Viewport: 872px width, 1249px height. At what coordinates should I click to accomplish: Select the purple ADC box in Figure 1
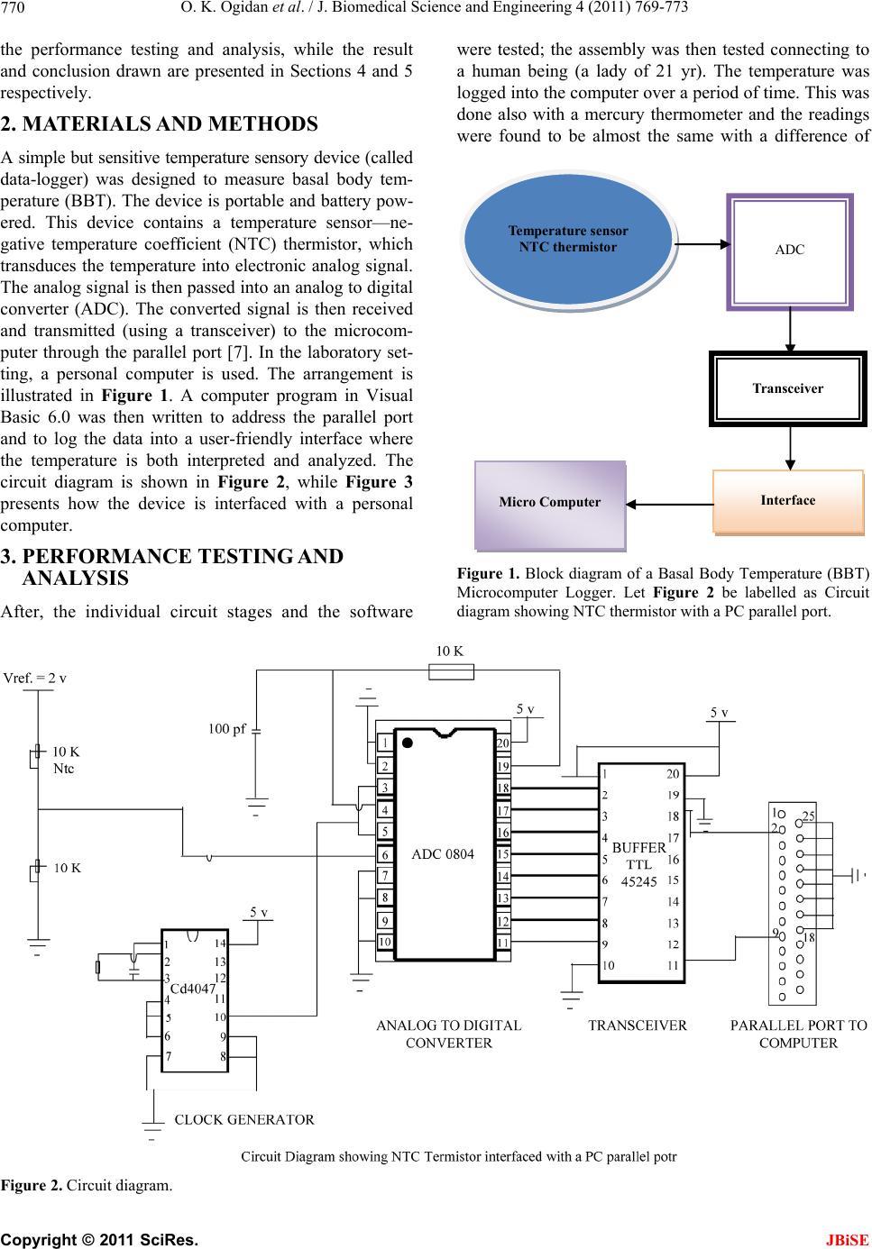coord(789,251)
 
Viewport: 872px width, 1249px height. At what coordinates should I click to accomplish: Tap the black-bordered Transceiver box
coord(788,388)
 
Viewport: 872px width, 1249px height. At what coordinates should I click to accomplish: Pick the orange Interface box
coord(788,501)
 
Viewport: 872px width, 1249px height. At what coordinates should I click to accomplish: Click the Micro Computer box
coord(550,505)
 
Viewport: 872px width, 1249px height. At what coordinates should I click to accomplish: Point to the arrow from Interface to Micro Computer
coord(669,505)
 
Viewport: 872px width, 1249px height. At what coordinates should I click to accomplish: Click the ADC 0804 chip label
coord(443,854)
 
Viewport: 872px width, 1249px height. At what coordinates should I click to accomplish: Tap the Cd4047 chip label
coord(192,988)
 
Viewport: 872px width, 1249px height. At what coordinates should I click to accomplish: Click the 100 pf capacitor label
coord(226,729)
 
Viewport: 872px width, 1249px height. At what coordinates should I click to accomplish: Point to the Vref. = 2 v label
coord(34,678)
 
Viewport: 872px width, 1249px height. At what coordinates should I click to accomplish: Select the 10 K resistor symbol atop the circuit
coord(451,671)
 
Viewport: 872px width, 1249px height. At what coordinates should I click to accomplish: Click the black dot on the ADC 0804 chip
coord(408,743)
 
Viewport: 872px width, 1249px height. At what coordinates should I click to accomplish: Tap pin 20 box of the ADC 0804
coord(503,743)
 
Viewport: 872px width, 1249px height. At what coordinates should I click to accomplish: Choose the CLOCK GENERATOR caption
coord(244,1119)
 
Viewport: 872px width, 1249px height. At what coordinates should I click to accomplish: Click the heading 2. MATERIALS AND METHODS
coord(159,123)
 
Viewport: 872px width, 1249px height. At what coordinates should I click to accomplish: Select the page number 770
coord(13,7)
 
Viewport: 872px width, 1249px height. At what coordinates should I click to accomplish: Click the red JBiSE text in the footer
coord(847,1239)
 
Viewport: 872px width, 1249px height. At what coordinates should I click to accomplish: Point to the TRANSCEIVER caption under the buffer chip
coord(638,1025)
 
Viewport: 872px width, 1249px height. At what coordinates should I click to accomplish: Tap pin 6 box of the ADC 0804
coord(384,854)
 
